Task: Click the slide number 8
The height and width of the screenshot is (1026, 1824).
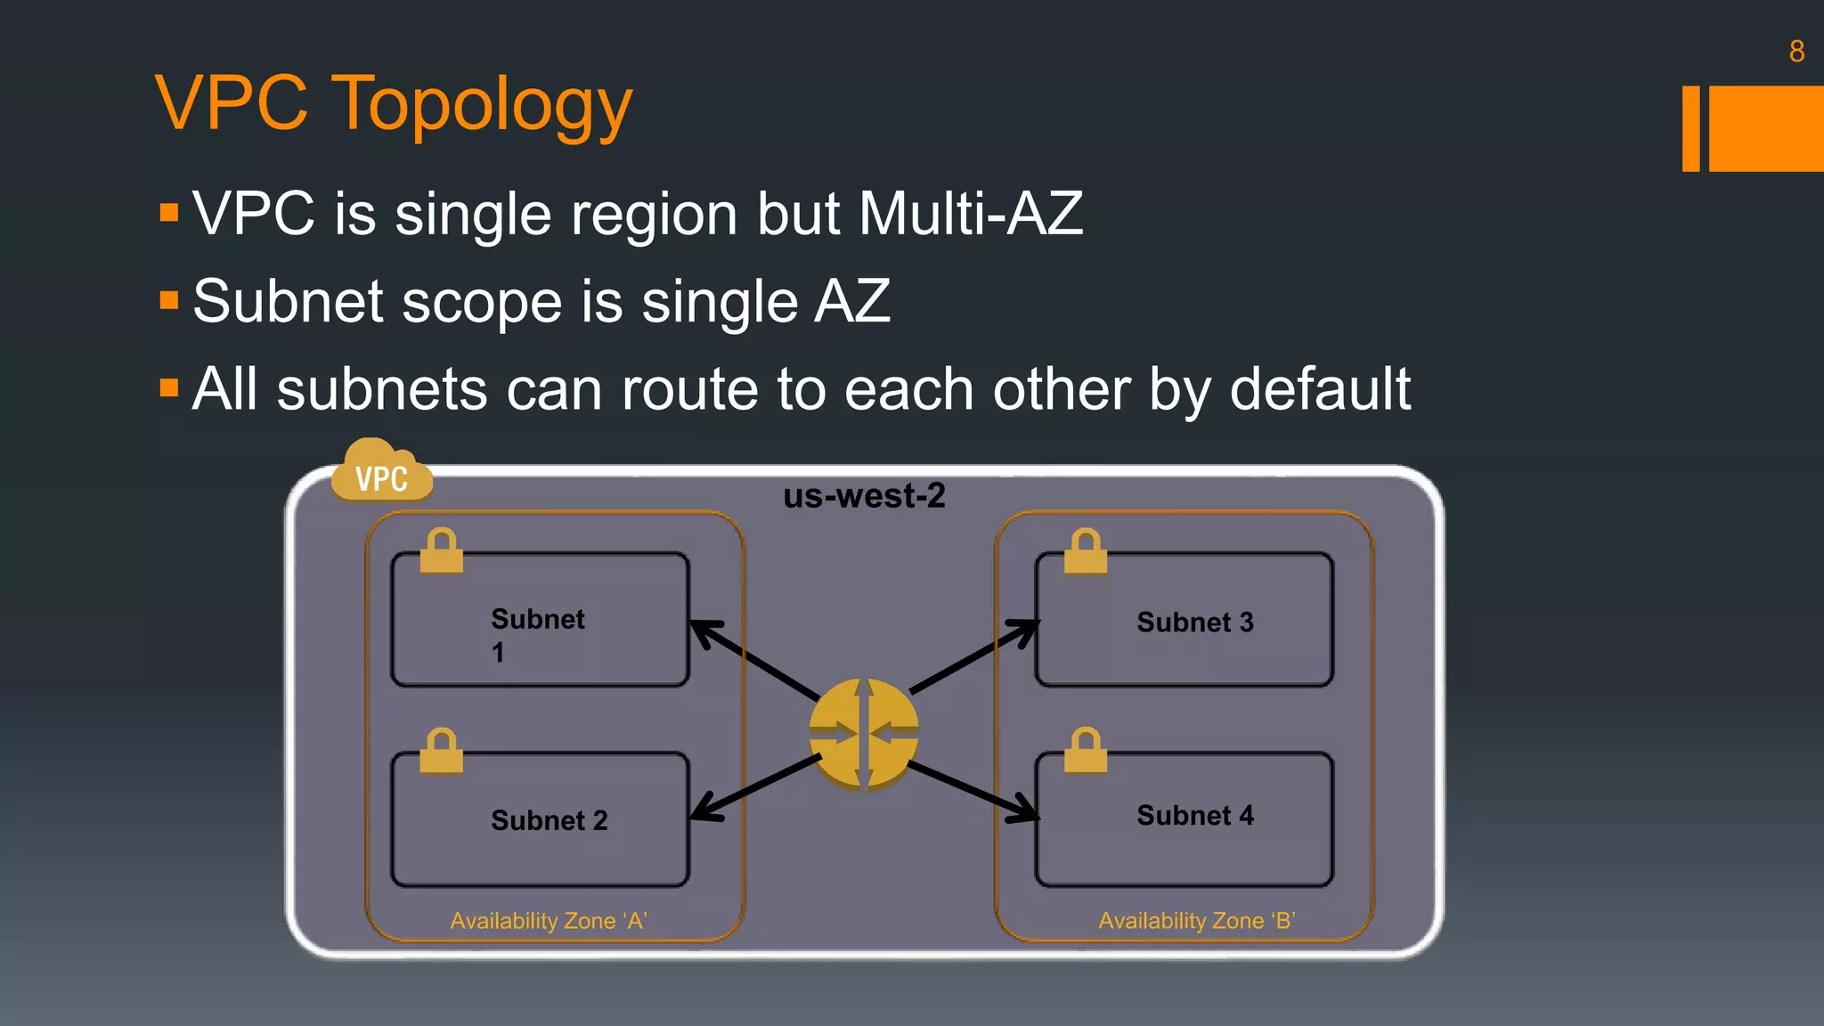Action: pyautogui.click(x=1796, y=52)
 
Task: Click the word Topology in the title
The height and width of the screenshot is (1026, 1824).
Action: pyautogui.click(x=481, y=105)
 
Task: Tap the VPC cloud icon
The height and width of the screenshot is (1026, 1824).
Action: pyautogui.click(x=382, y=472)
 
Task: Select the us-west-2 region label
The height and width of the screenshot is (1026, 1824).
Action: pyautogui.click(x=864, y=496)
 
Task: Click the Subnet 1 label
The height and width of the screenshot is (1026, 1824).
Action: pyautogui.click(x=537, y=634)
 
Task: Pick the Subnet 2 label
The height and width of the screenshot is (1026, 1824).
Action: pyautogui.click(x=549, y=820)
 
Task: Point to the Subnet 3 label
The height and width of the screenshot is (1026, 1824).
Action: pyautogui.click(x=1194, y=622)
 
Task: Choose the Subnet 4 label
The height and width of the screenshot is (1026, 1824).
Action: pyautogui.click(x=1194, y=815)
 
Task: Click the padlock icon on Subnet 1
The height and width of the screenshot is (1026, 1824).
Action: pyautogui.click(x=442, y=551)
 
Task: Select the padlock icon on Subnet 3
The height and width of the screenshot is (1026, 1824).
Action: pyautogui.click(x=1086, y=551)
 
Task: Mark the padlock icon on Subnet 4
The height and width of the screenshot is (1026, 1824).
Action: pyautogui.click(x=1086, y=751)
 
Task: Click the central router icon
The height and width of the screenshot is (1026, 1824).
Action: pyautogui.click(x=863, y=734)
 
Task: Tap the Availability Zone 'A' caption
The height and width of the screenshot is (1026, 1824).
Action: pyautogui.click(x=548, y=921)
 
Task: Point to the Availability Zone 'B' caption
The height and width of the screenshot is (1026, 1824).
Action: pyautogui.click(x=1196, y=921)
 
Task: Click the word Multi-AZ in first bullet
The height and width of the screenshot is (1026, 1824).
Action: pyautogui.click(x=970, y=214)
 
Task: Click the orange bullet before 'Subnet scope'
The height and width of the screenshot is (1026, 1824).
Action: pyautogui.click(x=169, y=300)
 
